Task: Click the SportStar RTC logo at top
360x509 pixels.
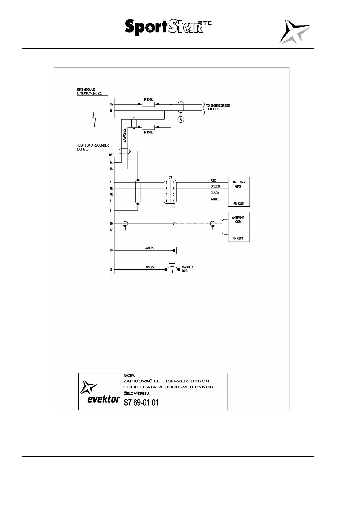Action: click(168, 27)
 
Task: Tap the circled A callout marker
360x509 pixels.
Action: click(181, 120)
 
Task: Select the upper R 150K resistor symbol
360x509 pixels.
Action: click(148, 104)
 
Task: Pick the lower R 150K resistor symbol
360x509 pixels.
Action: click(148, 127)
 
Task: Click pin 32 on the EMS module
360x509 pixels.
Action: click(111, 104)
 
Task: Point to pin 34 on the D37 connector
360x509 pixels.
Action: click(111, 163)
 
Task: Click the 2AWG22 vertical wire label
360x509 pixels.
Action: click(124, 136)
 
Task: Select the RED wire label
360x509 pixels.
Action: click(214, 181)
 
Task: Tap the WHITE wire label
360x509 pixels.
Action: click(215, 199)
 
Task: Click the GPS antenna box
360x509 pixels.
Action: click(239, 192)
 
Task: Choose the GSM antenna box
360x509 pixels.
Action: click(239, 227)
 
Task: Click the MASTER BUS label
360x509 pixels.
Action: click(187, 269)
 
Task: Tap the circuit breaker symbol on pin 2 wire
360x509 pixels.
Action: click(172, 268)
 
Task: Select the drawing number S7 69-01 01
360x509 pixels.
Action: click(141, 403)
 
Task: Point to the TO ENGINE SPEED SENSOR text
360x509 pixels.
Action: click(218, 107)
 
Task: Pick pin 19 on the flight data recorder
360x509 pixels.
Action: click(111, 224)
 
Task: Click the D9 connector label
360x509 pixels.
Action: click(170, 177)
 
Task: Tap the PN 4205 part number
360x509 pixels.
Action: click(238, 204)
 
